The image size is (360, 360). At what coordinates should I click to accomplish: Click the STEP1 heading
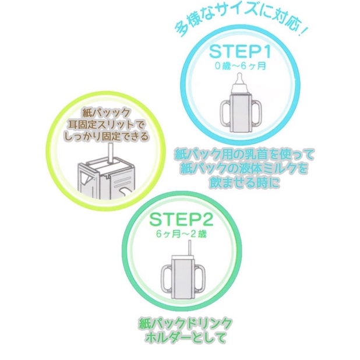pyautogui.click(x=240, y=52)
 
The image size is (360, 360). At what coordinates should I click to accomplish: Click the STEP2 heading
pyautogui.click(x=181, y=220)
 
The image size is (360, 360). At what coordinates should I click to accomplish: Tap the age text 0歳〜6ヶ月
pyautogui.click(x=241, y=66)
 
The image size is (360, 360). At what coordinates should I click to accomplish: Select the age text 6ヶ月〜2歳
pyautogui.click(x=181, y=234)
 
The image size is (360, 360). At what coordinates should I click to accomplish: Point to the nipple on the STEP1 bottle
pyautogui.click(x=239, y=79)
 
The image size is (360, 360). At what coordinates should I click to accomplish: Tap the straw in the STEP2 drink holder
pyautogui.click(x=190, y=247)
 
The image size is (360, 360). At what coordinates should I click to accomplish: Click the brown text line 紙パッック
pyautogui.click(x=105, y=113)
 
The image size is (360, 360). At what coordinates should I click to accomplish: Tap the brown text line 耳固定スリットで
pyautogui.click(x=105, y=125)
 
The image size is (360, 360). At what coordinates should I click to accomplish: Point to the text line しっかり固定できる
pyautogui.click(x=105, y=136)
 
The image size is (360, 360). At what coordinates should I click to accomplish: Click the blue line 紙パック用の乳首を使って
pyautogui.click(x=244, y=156)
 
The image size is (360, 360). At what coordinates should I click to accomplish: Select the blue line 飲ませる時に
pyautogui.click(x=244, y=183)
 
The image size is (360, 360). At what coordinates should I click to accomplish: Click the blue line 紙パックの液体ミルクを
pyautogui.click(x=244, y=169)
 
